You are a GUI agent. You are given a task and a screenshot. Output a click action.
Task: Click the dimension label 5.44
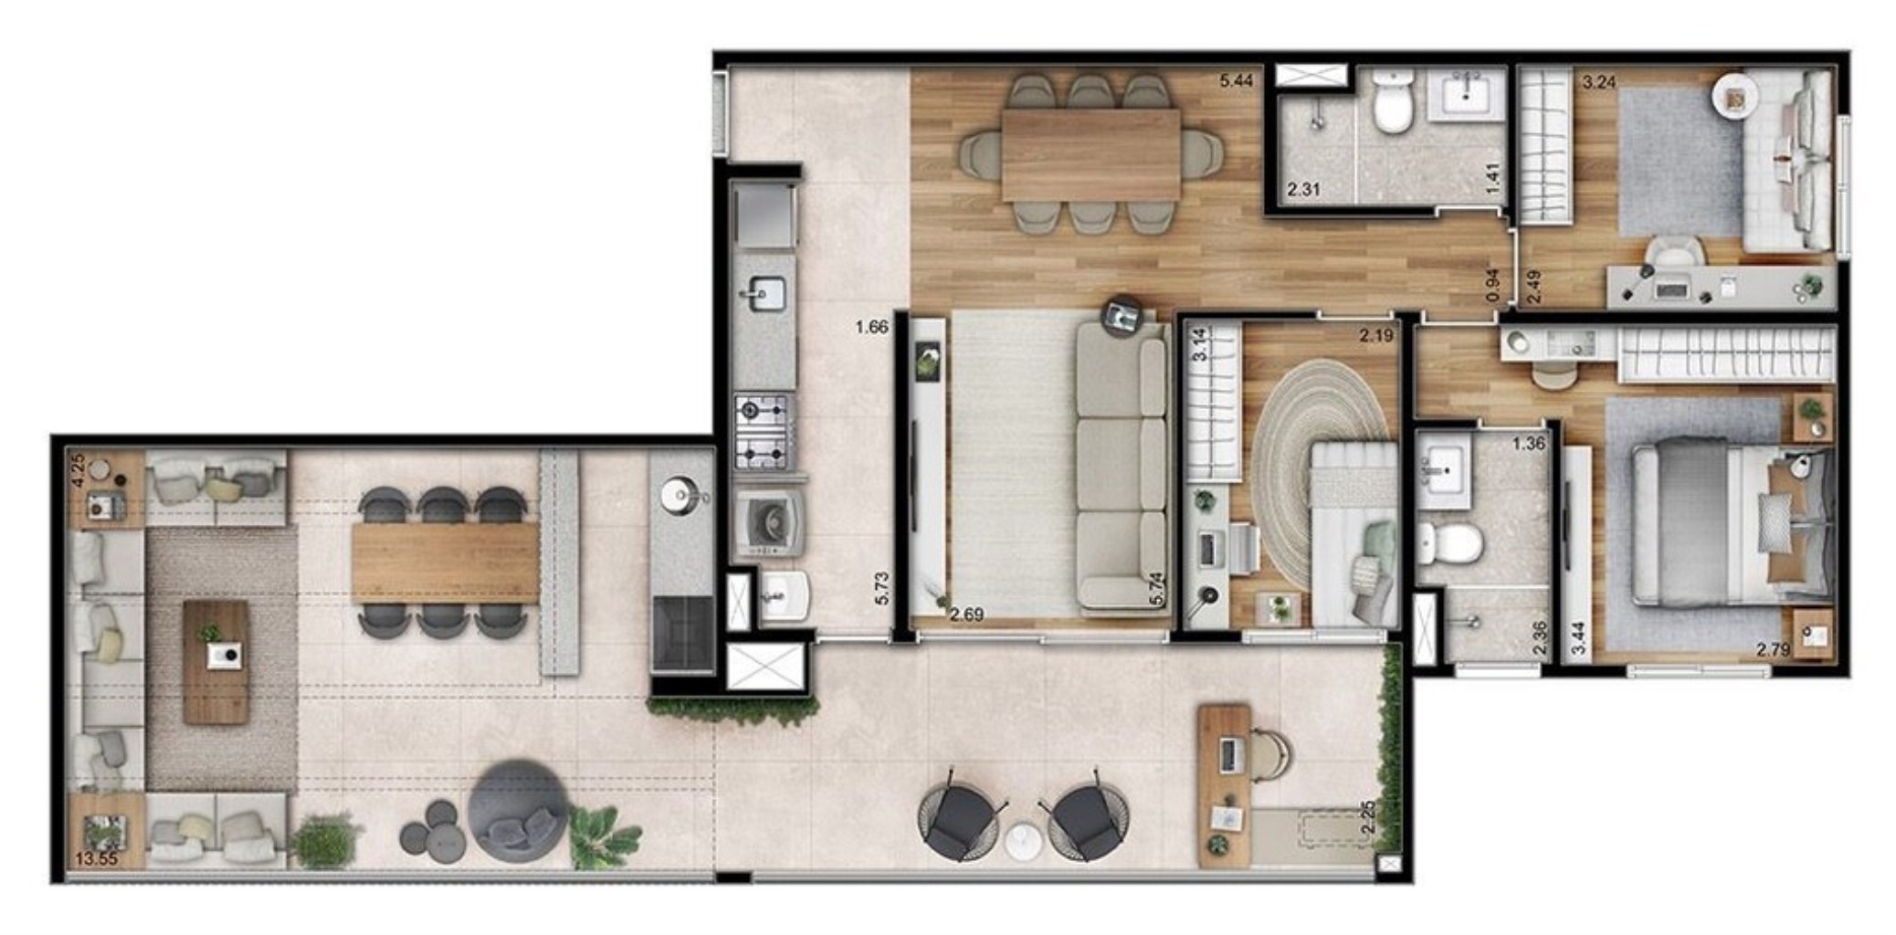coord(1236,81)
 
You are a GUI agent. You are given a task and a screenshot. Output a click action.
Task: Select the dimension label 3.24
coord(1598,82)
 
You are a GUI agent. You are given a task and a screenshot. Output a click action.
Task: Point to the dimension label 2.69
coord(966,615)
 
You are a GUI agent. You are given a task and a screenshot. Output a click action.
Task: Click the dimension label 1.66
coord(872,326)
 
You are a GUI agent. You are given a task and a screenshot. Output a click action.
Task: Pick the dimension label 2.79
coord(1773,650)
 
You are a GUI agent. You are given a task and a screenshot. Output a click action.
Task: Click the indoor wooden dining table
coord(1090,155)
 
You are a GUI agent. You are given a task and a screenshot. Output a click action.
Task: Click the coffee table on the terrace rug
coord(216,661)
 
